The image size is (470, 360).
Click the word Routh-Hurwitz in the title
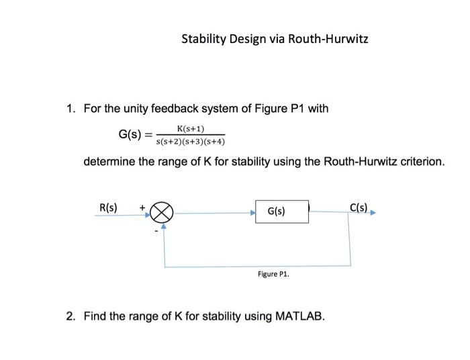pos(328,39)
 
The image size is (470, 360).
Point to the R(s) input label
pos(109,207)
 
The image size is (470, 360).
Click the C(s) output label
pos(359,207)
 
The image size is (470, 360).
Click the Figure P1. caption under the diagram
pos(273,274)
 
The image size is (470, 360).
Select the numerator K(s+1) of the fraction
pos(191,128)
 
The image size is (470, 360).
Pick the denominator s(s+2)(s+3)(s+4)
pos(190,142)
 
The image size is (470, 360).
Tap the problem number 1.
pos(70,109)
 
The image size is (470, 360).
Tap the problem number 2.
pos(70,315)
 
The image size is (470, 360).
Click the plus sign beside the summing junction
pos(142,208)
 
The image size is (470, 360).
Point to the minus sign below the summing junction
pos(156,230)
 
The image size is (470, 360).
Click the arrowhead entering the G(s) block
pos(252,212)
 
